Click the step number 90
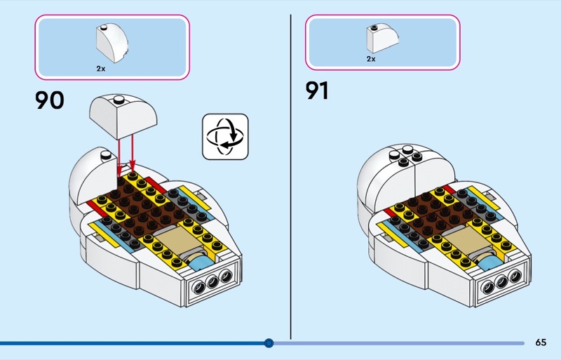[49, 100]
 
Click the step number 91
[316, 91]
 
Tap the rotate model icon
[225, 136]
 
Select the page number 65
[540, 342]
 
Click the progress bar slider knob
[269, 343]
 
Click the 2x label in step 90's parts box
[102, 69]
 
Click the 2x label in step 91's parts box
[371, 59]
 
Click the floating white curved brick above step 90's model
[122, 116]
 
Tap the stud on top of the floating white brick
[119, 99]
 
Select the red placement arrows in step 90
[126, 154]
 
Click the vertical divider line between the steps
[290, 175]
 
